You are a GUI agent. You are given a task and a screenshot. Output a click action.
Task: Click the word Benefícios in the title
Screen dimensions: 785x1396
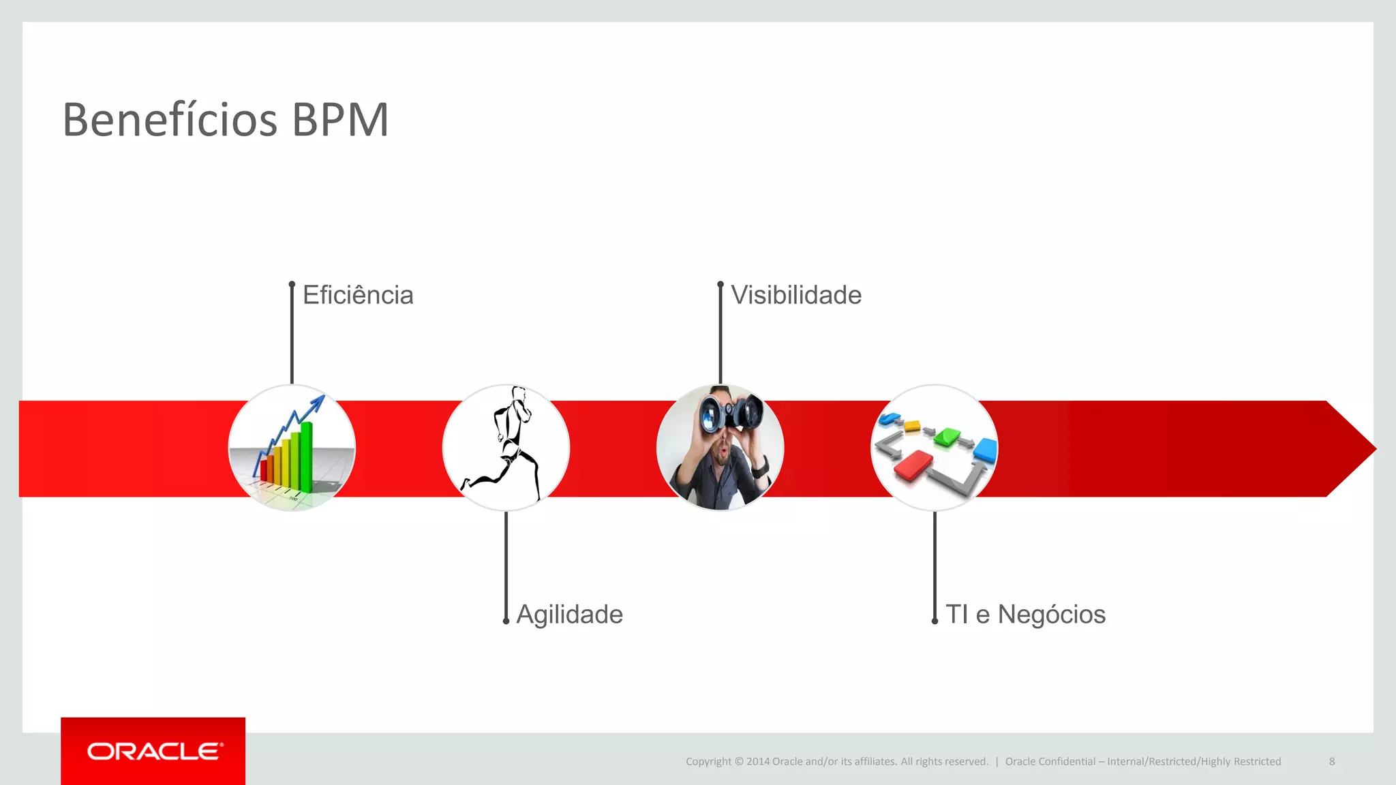[170, 120]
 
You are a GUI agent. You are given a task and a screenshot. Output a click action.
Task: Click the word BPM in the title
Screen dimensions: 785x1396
[340, 120]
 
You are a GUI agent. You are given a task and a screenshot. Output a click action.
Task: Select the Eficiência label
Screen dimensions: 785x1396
[358, 295]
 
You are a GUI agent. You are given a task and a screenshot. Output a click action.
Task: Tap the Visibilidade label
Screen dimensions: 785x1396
[796, 295]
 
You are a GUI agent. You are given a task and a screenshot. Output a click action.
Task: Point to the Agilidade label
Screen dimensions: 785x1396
[569, 614]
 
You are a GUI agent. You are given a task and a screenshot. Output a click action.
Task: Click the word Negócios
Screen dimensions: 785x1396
[1051, 614]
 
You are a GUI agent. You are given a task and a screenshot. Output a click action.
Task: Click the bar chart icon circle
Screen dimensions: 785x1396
[292, 448]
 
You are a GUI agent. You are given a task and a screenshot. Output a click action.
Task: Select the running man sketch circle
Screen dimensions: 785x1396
[506, 448]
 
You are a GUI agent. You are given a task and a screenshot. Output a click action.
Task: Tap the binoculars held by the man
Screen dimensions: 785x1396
[731, 413]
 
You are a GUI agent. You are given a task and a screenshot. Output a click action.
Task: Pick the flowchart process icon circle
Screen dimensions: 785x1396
[935, 448]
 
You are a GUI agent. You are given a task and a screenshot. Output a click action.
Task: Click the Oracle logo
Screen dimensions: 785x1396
[154, 751]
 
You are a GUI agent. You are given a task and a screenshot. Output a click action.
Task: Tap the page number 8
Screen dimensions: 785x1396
[1332, 761]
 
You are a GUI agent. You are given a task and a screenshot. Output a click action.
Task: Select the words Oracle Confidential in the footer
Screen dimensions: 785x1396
[1050, 761]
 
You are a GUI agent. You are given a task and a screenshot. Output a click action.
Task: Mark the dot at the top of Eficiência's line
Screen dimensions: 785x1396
[292, 284]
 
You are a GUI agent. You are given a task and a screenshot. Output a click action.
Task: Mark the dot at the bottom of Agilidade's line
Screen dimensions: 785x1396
[506, 621]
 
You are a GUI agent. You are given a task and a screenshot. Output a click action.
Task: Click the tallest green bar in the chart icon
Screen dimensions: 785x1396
[307, 455]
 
